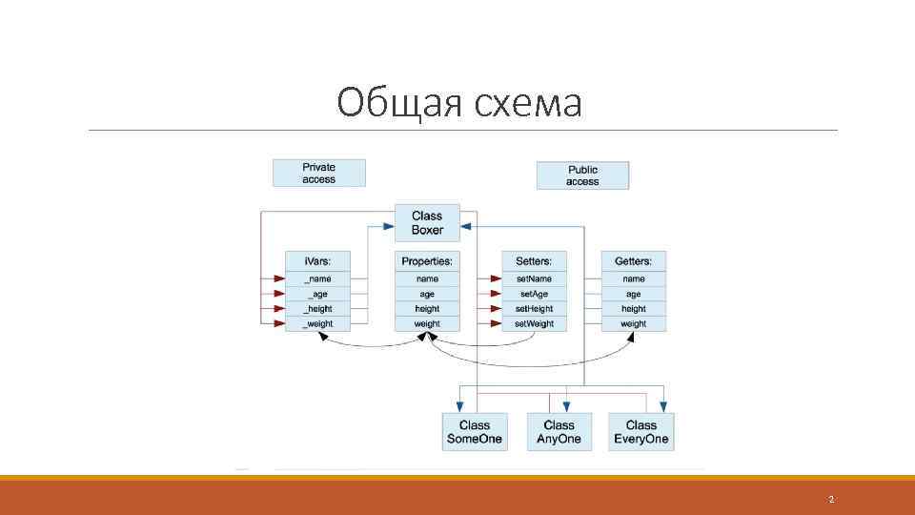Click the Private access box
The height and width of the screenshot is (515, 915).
318,173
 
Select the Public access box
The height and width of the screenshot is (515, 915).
582,175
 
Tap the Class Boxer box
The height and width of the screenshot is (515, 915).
427,222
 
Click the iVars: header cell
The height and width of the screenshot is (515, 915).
318,260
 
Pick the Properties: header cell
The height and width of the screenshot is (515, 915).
427,260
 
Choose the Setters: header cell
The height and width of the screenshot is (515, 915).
534,260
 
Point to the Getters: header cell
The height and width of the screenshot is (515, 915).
633,260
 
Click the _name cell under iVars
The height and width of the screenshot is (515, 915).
318,278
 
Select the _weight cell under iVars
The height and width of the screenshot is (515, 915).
318,323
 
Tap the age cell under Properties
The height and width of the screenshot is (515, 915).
427,294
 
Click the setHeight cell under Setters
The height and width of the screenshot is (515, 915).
534,309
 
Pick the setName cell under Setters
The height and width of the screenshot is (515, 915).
534,278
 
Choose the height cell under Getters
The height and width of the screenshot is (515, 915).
633,309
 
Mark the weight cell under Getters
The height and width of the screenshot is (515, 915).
633,323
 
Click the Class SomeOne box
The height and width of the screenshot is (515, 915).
474,432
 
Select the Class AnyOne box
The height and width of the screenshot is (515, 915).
559,432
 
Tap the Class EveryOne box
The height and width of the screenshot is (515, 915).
641,432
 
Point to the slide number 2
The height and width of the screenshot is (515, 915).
831,500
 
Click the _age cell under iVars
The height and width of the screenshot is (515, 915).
318,294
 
